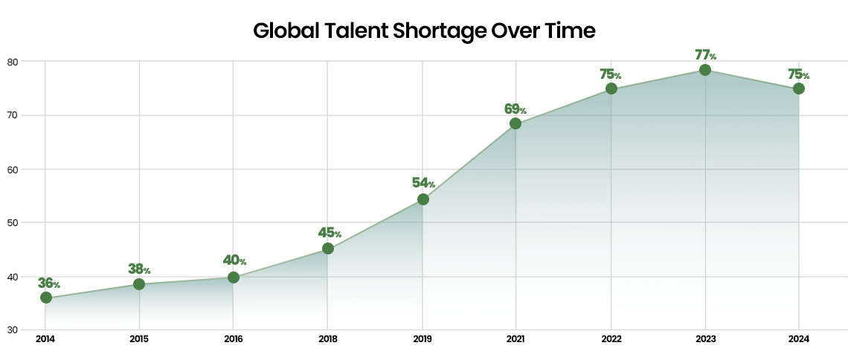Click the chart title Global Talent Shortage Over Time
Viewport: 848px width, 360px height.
click(424, 31)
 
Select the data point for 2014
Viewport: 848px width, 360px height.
click(46, 298)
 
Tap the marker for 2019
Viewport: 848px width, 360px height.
click(423, 199)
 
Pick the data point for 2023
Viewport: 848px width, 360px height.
click(705, 70)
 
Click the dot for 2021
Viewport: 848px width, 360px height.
click(515, 123)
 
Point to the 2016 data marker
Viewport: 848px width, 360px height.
click(234, 277)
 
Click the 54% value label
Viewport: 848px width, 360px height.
click(423, 183)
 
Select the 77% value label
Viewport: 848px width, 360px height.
click(705, 54)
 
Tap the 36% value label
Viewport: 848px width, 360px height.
click(48, 283)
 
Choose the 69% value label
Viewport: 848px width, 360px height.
click(515, 109)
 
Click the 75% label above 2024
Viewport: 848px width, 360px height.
click(798, 74)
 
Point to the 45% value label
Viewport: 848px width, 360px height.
click(329, 233)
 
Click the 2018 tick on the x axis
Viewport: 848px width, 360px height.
click(327, 339)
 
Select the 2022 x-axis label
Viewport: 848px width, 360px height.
click(611, 339)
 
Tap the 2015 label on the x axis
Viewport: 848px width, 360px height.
click(139, 339)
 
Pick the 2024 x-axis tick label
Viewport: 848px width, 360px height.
click(799, 339)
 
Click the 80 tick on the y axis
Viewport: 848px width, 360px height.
click(12, 61)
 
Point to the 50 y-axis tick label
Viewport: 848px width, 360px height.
click(12, 222)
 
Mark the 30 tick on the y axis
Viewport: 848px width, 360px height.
click(12, 330)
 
